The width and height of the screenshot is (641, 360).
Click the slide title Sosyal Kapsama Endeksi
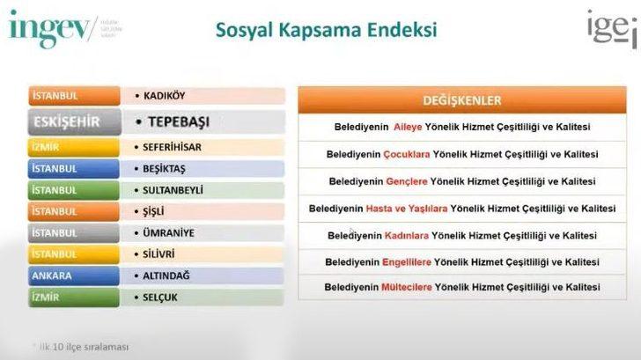[326, 30]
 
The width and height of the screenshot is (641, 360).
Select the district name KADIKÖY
[165, 95]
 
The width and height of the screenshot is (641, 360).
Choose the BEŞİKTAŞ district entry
[165, 168]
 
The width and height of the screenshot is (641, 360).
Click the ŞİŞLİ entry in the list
[154, 211]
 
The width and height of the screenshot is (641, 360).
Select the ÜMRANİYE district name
[168, 233]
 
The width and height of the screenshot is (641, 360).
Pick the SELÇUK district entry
[160, 298]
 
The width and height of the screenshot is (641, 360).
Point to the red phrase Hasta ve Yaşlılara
[407, 209]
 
